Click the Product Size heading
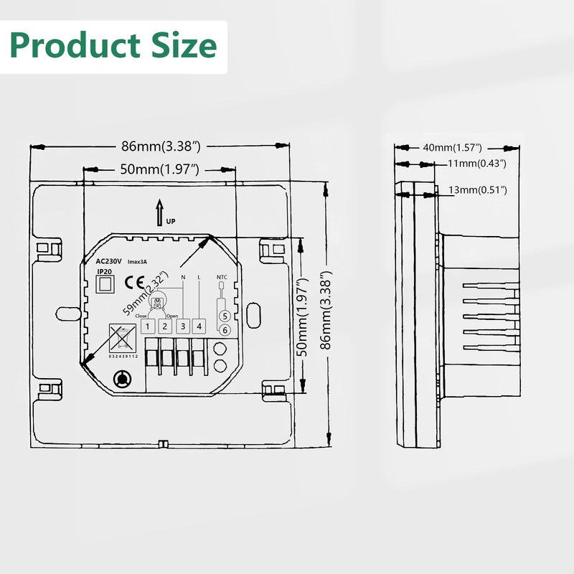tap(113, 46)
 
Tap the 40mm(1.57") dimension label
tap(452, 147)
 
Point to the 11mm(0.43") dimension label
tap(477, 164)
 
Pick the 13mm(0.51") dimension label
tap(477, 189)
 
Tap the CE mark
tap(133, 282)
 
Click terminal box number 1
tap(147, 327)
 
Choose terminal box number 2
tap(164, 327)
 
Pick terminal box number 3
tap(182, 327)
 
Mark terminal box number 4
tap(199, 327)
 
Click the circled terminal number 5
tap(224, 316)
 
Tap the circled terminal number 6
tap(224, 330)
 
